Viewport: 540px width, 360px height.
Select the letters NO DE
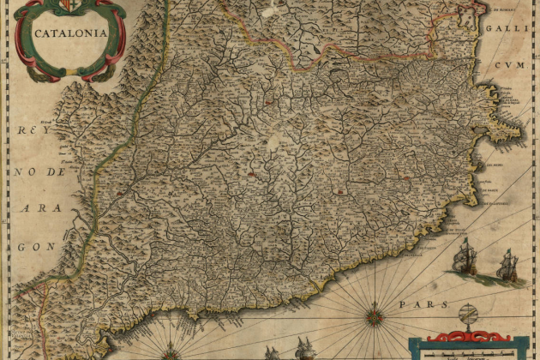[39, 171]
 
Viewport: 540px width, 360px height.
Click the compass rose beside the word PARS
[374, 316]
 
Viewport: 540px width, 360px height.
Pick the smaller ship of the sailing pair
[507, 266]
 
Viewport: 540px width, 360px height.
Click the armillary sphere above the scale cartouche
[469, 315]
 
